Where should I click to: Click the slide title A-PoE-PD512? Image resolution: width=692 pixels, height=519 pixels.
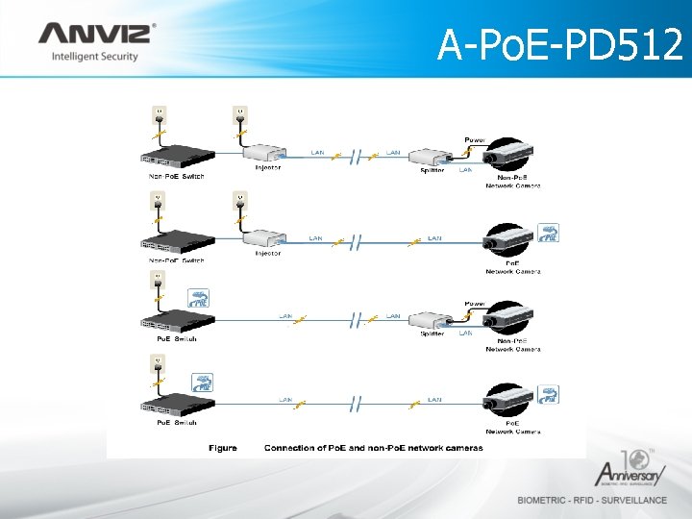coord(559,43)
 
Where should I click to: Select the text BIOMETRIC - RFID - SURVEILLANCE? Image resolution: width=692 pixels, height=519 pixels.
coord(592,500)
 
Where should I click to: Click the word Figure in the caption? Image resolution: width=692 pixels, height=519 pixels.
coord(223,448)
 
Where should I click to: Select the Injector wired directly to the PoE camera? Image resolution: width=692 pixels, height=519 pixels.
coord(263,237)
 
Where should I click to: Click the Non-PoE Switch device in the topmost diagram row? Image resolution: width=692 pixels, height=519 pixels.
coord(177,158)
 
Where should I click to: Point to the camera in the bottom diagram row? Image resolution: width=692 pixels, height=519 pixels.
coord(510,402)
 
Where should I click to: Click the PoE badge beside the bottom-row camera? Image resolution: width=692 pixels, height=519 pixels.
coord(549,394)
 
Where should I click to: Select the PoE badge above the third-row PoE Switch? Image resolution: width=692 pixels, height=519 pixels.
coord(200,299)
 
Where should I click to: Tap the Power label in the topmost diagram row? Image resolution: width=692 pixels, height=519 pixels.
coord(475,139)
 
